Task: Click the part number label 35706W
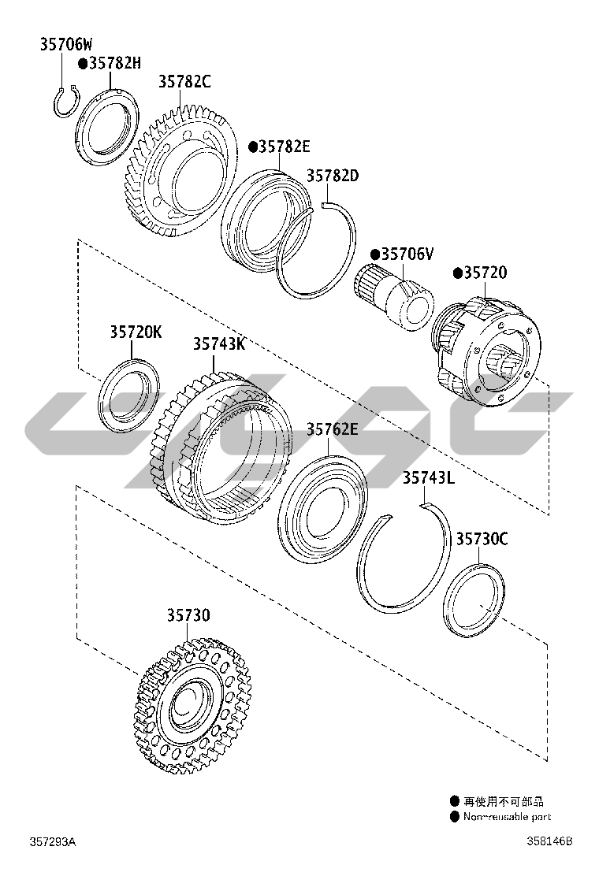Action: tap(66, 44)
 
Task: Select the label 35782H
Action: tap(115, 62)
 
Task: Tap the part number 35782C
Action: tap(184, 82)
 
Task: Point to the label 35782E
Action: tap(285, 147)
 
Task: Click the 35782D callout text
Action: tap(333, 176)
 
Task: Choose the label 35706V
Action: tap(407, 254)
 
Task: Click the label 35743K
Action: tap(219, 343)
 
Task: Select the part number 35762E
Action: tap(332, 429)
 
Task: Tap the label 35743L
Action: tap(429, 477)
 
